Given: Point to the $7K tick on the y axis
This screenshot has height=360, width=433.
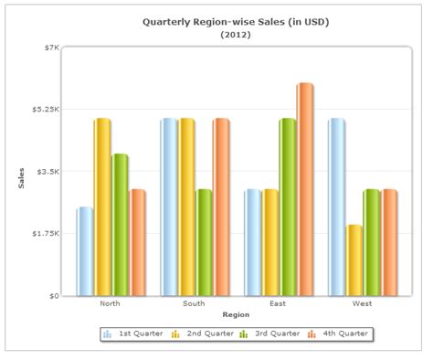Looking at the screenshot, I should (51, 48).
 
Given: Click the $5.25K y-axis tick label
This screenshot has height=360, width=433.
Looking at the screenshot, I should (46, 110).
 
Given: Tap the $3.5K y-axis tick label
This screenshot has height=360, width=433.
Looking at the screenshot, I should (48, 172).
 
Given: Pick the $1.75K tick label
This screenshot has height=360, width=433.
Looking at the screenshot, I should (46, 234).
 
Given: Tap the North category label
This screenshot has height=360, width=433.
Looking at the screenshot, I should (110, 303).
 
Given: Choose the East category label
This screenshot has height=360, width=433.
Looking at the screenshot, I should (278, 303).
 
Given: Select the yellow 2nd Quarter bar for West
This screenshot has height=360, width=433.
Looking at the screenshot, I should (354, 260).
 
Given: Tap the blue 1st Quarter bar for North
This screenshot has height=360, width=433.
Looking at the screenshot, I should (84, 251).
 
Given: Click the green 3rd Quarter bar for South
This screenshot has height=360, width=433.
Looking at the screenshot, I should (203, 242).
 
